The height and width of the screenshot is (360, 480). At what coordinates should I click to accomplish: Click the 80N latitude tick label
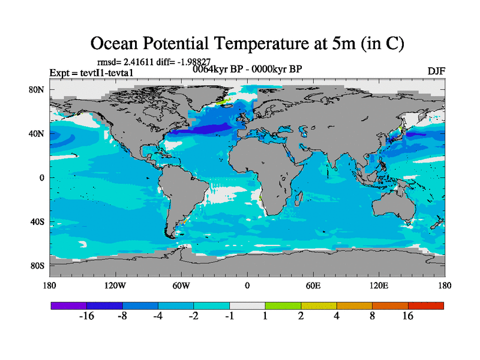tap(38, 89)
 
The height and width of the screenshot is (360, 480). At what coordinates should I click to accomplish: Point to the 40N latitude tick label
tap(38, 133)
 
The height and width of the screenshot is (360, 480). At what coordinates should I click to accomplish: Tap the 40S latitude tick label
tap(38, 221)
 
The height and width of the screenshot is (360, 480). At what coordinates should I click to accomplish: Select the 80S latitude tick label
tap(38, 265)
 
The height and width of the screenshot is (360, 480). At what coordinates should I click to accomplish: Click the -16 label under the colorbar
tap(86, 316)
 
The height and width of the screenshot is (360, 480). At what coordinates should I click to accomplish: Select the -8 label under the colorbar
tap(122, 316)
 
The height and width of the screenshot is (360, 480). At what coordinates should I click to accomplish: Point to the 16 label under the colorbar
tap(408, 316)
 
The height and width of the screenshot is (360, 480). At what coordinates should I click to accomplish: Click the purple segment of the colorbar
tap(69, 305)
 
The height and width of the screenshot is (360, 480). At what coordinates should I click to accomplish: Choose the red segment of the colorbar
tap(426, 305)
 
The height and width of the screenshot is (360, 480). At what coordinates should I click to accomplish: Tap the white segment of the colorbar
tap(247, 305)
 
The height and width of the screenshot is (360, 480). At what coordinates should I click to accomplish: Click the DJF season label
tap(436, 71)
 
